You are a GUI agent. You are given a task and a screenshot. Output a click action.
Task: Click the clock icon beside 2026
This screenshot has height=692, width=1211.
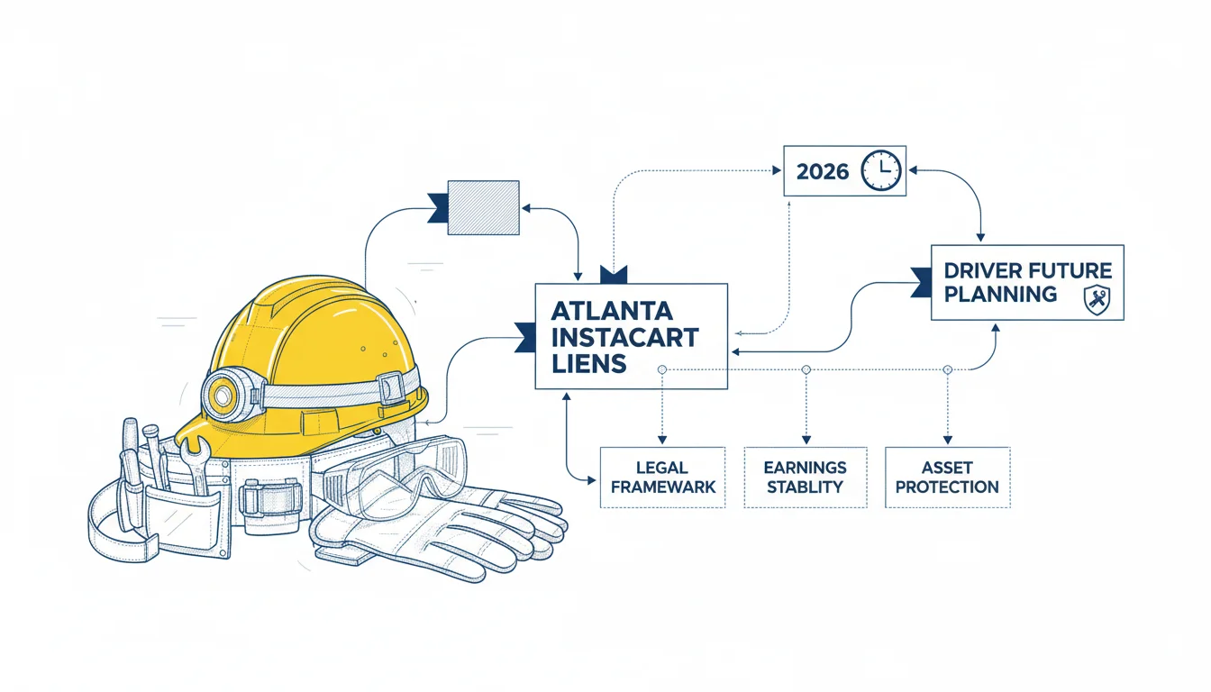[x=881, y=170]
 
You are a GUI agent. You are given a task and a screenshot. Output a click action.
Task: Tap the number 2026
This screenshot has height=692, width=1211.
[x=823, y=172]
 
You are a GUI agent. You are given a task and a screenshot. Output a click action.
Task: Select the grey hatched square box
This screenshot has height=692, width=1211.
[x=483, y=207]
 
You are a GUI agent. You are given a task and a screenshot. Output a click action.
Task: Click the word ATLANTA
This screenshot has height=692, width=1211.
[x=612, y=311]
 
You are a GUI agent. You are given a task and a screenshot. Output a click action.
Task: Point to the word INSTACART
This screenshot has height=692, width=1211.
[x=625, y=337]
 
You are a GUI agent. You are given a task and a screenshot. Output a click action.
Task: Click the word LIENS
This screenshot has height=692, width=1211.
[x=588, y=364]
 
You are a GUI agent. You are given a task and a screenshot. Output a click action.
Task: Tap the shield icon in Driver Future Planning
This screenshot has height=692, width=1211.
[x=1097, y=300]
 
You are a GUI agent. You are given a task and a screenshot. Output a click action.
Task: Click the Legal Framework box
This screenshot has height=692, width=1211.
[x=663, y=478]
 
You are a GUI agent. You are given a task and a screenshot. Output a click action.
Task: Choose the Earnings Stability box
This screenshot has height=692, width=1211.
[x=806, y=478]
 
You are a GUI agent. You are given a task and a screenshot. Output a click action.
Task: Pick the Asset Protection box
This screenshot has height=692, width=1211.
[x=948, y=478]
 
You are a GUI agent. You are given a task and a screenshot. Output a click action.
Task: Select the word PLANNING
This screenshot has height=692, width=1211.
[x=1000, y=295]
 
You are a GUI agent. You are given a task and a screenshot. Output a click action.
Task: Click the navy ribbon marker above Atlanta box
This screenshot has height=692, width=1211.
[x=614, y=275]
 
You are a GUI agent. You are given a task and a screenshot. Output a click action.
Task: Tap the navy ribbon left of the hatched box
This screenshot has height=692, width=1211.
[x=438, y=208]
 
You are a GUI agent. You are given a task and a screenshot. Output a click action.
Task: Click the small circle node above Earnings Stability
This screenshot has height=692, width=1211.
[x=806, y=369]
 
